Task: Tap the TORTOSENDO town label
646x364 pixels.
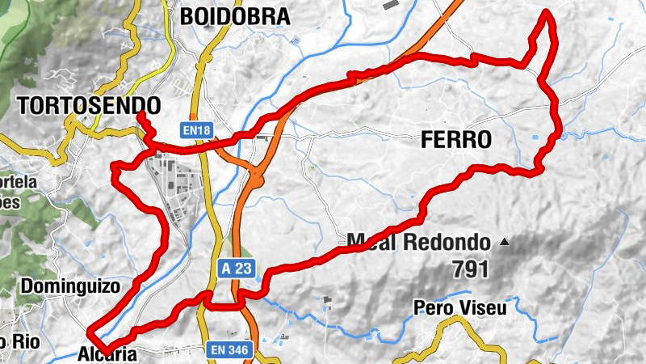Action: [x=88, y=105]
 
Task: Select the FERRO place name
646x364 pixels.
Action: [x=456, y=140]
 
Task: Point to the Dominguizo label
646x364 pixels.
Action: [x=69, y=286]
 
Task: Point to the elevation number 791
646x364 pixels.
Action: [x=471, y=269]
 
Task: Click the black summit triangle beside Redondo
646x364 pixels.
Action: [x=505, y=241]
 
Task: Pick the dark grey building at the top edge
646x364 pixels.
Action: [x=390, y=5]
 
